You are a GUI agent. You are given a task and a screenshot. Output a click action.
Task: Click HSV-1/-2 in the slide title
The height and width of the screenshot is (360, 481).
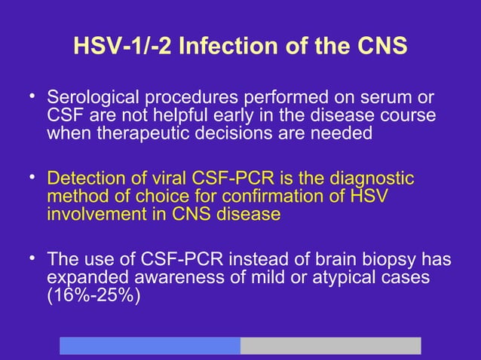coord(118,46)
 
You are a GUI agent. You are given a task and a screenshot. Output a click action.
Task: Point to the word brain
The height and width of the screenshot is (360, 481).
coord(341,260)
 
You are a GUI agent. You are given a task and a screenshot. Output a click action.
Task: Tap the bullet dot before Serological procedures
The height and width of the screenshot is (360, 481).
coord(32,96)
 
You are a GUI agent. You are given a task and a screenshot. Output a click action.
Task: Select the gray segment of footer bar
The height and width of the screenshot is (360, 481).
coord(330,346)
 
